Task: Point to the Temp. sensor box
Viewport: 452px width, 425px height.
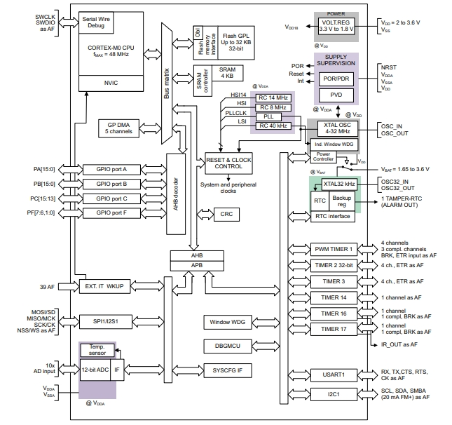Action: [x=99, y=350]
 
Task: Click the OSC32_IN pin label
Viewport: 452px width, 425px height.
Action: [x=397, y=181]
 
